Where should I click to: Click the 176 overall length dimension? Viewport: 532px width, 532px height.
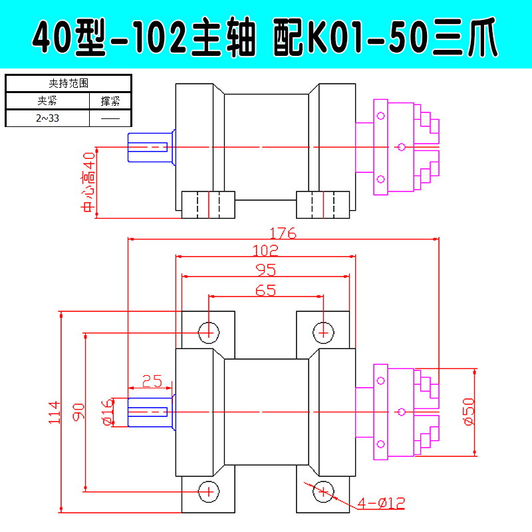point(283,233)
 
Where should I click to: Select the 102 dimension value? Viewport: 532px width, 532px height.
point(265,251)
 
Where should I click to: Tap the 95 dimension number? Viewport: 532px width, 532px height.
point(265,270)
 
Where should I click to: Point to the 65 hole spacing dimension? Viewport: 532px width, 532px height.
point(265,291)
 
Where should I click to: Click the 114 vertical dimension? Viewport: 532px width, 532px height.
point(55,412)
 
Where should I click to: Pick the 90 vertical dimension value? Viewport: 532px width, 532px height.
point(78,412)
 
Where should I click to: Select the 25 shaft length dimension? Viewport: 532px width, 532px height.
point(152,381)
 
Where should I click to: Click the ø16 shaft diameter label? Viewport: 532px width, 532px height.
point(108,412)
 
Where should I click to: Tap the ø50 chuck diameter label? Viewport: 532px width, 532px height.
point(469,412)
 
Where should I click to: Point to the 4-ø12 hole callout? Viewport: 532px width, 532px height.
point(381,503)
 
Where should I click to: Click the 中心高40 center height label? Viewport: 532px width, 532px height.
point(88,182)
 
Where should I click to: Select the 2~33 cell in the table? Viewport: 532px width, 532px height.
point(47,118)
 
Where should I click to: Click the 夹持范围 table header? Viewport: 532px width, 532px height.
point(68,83)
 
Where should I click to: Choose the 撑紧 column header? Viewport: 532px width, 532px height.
point(110,101)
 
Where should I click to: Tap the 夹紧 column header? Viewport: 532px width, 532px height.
point(47,100)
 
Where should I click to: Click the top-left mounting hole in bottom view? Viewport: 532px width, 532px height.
point(209,333)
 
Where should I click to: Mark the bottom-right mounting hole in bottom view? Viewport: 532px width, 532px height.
point(323,491)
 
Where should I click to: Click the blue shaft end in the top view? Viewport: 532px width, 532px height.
point(152,147)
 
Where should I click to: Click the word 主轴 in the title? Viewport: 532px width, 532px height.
point(223,37)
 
